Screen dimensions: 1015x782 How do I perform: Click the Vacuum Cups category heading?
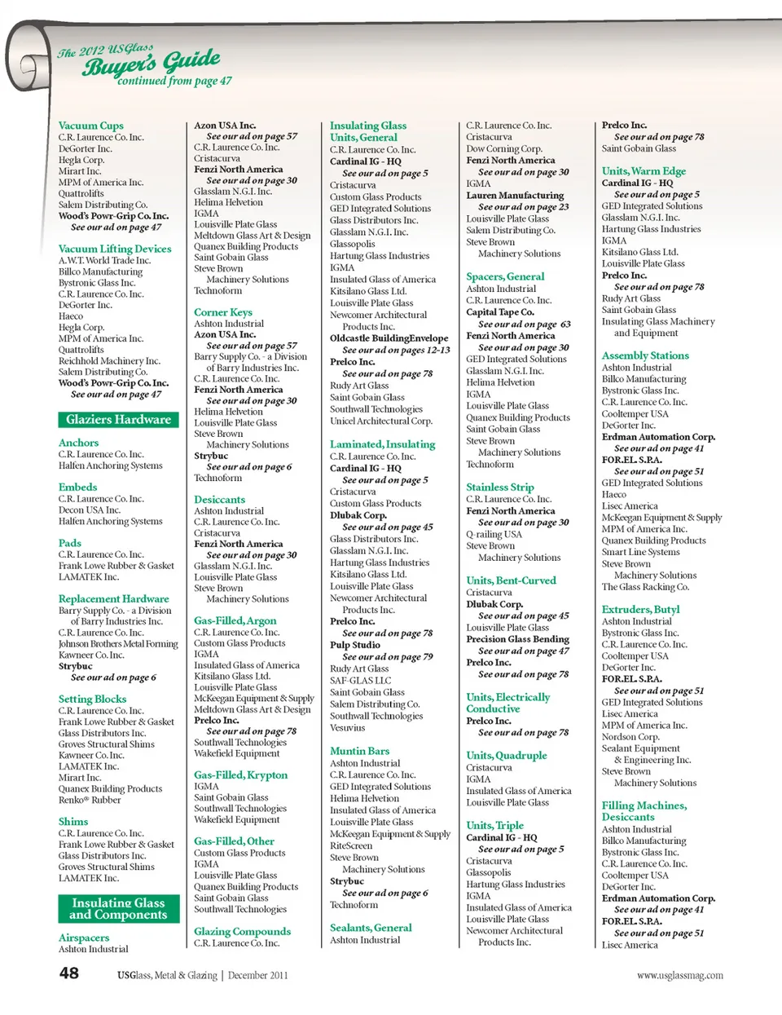pyautogui.click(x=90, y=126)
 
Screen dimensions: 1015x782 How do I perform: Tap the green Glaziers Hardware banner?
pyautogui.click(x=118, y=420)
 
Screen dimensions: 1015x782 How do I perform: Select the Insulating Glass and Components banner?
pyautogui.click(x=118, y=909)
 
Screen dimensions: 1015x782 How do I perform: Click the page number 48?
pyautogui.click(x=69, y=973)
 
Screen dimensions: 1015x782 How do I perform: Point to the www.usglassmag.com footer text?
pyautogui.click(x=679, y=975)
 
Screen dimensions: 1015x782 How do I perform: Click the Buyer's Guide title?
pyautogui.click(x=151, y=63)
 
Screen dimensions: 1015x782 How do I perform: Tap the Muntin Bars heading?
pyautogui.click(x=359, y=751)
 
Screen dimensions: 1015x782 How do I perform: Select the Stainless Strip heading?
pyautogui.click(x=499, y=487)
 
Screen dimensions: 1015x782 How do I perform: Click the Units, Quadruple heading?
pyautogui.click(x=506, y=756)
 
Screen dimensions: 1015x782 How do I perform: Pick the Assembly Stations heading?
pyautogui.click(x=644, y=355)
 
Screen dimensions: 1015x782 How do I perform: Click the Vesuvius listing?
pyautogui.click(x=347, y=728)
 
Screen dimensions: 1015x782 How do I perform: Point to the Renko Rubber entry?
pyautogui.click(x=90, y=800)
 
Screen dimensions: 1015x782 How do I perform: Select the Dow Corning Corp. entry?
pyautogui.click(x=503, y=149)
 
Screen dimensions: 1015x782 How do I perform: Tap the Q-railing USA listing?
pyautogui.click(x=494, y=535)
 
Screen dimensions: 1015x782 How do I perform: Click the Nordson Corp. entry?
pyautogui.click(x=630, y=737)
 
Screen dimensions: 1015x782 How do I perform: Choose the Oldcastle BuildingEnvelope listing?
pyautogui.click(x=389, y=338)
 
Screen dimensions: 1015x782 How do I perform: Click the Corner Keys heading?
pyautogui.click(x=222, y=312)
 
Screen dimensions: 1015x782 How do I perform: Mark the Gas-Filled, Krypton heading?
pyautogui.click(x=240, y=775)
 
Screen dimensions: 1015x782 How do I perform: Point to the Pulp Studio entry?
pyautogui.click(x=354, y=645)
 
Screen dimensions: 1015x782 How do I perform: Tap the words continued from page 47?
pyautogui.click(x=174, y=82)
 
